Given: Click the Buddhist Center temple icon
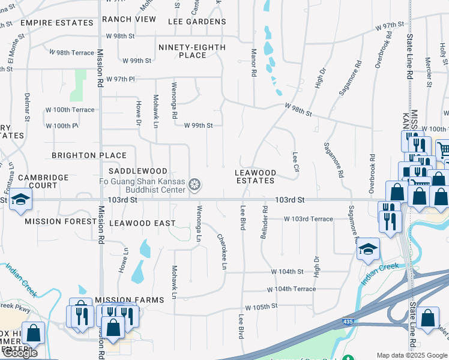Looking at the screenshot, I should pos(194,185).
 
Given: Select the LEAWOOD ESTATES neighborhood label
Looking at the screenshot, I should pos(255,176).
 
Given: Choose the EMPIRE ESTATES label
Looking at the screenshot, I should pos(56,23).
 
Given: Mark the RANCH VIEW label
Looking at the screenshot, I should pos(129,19).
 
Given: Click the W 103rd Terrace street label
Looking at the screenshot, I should pos(308,219).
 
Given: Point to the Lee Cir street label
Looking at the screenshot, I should pos(295,161).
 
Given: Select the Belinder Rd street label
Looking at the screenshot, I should pos(264,223).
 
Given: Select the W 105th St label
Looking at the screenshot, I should pos(261,305).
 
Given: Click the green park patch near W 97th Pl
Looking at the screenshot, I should pos(77,85).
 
